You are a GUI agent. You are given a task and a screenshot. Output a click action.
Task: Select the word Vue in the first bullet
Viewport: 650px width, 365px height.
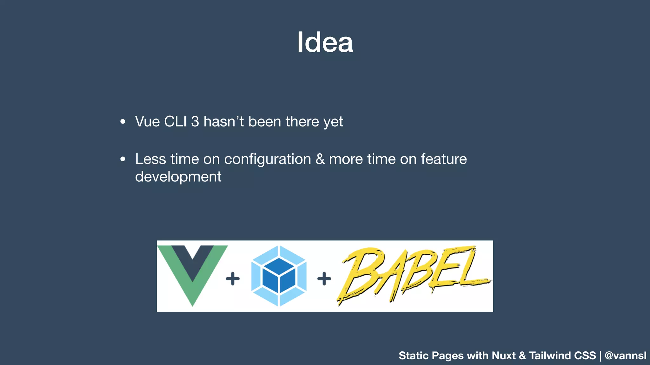[x=147, y=122]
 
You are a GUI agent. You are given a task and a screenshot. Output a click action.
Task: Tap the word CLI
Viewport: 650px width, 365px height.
[x=176, y=122]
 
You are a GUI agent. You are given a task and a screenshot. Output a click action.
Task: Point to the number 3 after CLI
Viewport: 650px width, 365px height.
[x=195, y=122]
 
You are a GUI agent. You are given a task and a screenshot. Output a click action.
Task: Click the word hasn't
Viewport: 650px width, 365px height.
[x=223, y=122]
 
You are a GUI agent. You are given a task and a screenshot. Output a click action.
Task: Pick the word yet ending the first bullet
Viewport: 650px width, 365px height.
[x=333, y=122]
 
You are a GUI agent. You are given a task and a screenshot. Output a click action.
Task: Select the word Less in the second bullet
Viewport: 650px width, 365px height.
[x=150, y=159]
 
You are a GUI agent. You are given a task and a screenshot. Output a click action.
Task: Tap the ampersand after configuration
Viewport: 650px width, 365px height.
[x=320, y=159]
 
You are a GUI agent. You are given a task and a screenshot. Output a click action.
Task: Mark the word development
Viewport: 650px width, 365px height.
[x=178, y=177]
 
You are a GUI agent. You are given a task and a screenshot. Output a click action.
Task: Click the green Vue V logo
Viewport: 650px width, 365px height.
[x=193, y=272]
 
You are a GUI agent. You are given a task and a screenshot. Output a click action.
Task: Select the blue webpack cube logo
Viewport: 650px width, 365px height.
[x=279, y=276]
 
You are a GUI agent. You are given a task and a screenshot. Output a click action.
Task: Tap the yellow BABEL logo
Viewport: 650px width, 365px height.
[x=413, y=274]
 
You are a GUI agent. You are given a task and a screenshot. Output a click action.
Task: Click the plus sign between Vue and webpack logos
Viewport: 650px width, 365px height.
[x=233, y=279]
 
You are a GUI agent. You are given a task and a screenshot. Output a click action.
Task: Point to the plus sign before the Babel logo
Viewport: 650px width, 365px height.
[x=324, y=279]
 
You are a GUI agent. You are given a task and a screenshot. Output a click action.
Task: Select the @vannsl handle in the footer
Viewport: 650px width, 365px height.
[x=625, y=355]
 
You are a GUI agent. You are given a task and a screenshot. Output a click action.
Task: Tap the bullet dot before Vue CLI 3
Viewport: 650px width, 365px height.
[x=123, y=122]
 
